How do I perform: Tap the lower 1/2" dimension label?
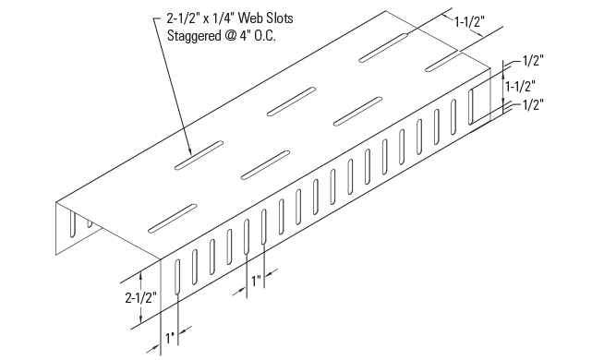(x=533, y=105)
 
